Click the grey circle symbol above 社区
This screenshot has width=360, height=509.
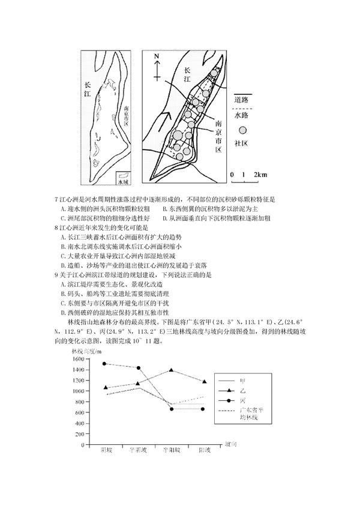pyautogui.click(x=242, y=130)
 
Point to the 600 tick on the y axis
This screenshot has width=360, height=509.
pyautogui.click(x=79, y=412)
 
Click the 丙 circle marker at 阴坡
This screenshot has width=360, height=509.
pyautogui.click(x=105, y=364)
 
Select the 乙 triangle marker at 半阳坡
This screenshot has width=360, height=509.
pyautogui.click(x=172, y=370)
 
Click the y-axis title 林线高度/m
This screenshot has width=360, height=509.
pyautogui.click(x=88, y=350)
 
